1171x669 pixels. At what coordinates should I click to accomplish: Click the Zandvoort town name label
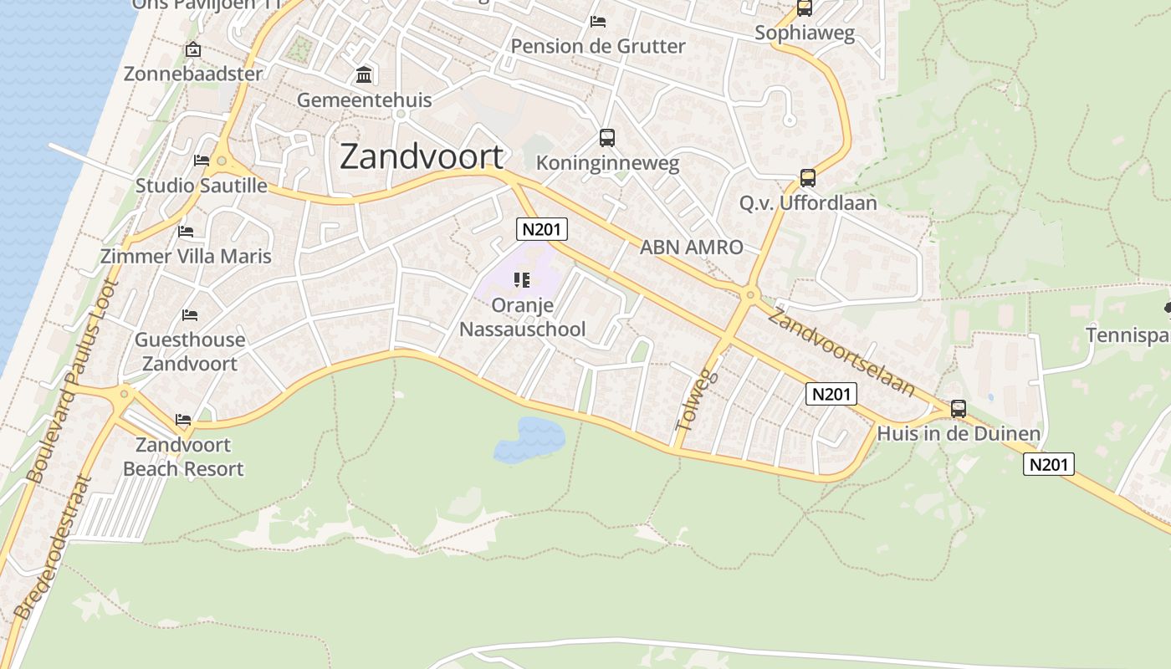tap(422, 157)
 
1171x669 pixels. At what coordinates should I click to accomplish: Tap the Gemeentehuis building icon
tap(364, 75)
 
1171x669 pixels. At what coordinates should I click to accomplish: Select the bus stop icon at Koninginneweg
tap(607, 138)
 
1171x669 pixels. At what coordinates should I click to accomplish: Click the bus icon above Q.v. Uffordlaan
tap(807, 177)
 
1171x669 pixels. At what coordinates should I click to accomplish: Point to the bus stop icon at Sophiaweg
tap(804, 8)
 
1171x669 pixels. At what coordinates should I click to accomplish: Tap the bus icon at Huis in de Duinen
tap(959, 409)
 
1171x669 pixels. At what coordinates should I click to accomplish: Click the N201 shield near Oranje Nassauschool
tap(542, 229)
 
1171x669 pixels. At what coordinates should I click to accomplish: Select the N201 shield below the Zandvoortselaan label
tap(831, 394)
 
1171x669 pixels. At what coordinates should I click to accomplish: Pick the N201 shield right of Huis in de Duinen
tap(1049, 464)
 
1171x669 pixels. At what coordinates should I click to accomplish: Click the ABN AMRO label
tap(691, 248)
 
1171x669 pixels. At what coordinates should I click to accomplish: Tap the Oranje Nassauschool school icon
tap(523, 280)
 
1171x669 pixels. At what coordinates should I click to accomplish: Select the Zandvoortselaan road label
tap(841, 352)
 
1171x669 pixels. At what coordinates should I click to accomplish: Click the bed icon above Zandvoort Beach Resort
tap(183, 419)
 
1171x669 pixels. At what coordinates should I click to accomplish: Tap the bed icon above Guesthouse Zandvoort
tap(190, 315)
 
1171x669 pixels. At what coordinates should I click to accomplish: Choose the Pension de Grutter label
tap(598, 46)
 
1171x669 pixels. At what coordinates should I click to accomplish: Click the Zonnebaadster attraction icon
tap(193, 50)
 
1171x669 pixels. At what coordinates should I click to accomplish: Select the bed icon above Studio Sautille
tap(202, 160)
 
